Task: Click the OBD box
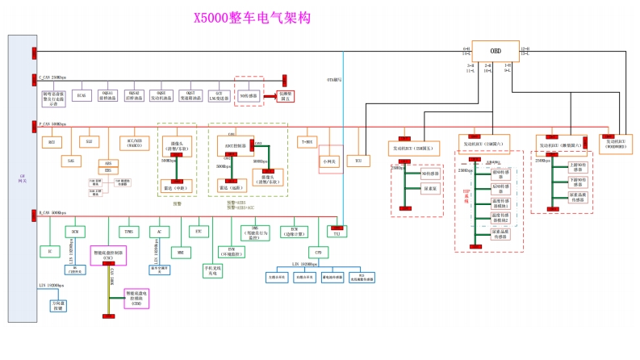click(x=496, y=50)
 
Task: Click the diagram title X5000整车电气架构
click(x=252, y=17)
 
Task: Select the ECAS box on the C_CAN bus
click(x=81, y=95)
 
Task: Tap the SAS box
click(x=71, y=161)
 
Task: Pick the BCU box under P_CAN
click(x=52, y=141)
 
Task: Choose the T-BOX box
click(x=307, y=141)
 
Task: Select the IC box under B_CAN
click(x=49, y=252)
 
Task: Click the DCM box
click(x=74, y=232)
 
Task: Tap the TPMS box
click(x=128, y=232)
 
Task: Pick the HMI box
click(x=180, y=252)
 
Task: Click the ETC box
click(x=199, y=232)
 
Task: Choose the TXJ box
click(x=337, y=232)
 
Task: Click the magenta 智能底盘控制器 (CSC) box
click(x=107, y=254)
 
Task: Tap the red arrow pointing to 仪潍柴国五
click(x=270, y=94)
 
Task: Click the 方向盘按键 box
click(x=58, y=306)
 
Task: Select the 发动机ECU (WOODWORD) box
click(x=620, y=144)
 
